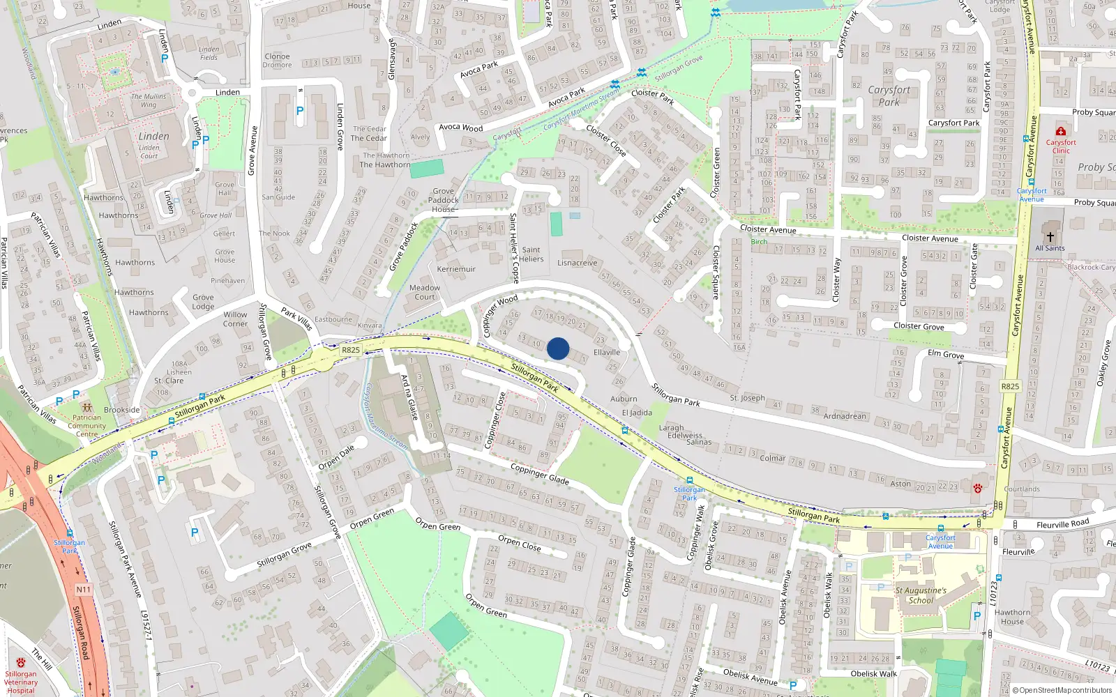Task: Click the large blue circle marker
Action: (558, 348)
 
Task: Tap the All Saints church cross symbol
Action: (1050, 237)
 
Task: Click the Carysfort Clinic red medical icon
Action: (1061, 131)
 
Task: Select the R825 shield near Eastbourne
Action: (351, 350)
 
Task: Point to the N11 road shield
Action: (83, 590)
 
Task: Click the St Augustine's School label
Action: (921, 595)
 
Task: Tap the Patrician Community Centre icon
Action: (86, 407)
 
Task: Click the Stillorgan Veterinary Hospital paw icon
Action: (20, 662)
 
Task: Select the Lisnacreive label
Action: (578, 263)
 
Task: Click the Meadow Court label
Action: (425, 292)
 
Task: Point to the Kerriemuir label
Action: (456, 269)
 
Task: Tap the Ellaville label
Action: (607, 353)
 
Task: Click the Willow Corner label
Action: (235, 319)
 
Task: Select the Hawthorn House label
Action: (1012, 617)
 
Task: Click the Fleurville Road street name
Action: (1062, 524)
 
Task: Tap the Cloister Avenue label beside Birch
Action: (768, 229)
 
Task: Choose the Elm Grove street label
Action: (946, 354)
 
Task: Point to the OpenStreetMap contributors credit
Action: (1062, 690)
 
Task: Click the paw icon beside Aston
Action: (977, 487)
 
